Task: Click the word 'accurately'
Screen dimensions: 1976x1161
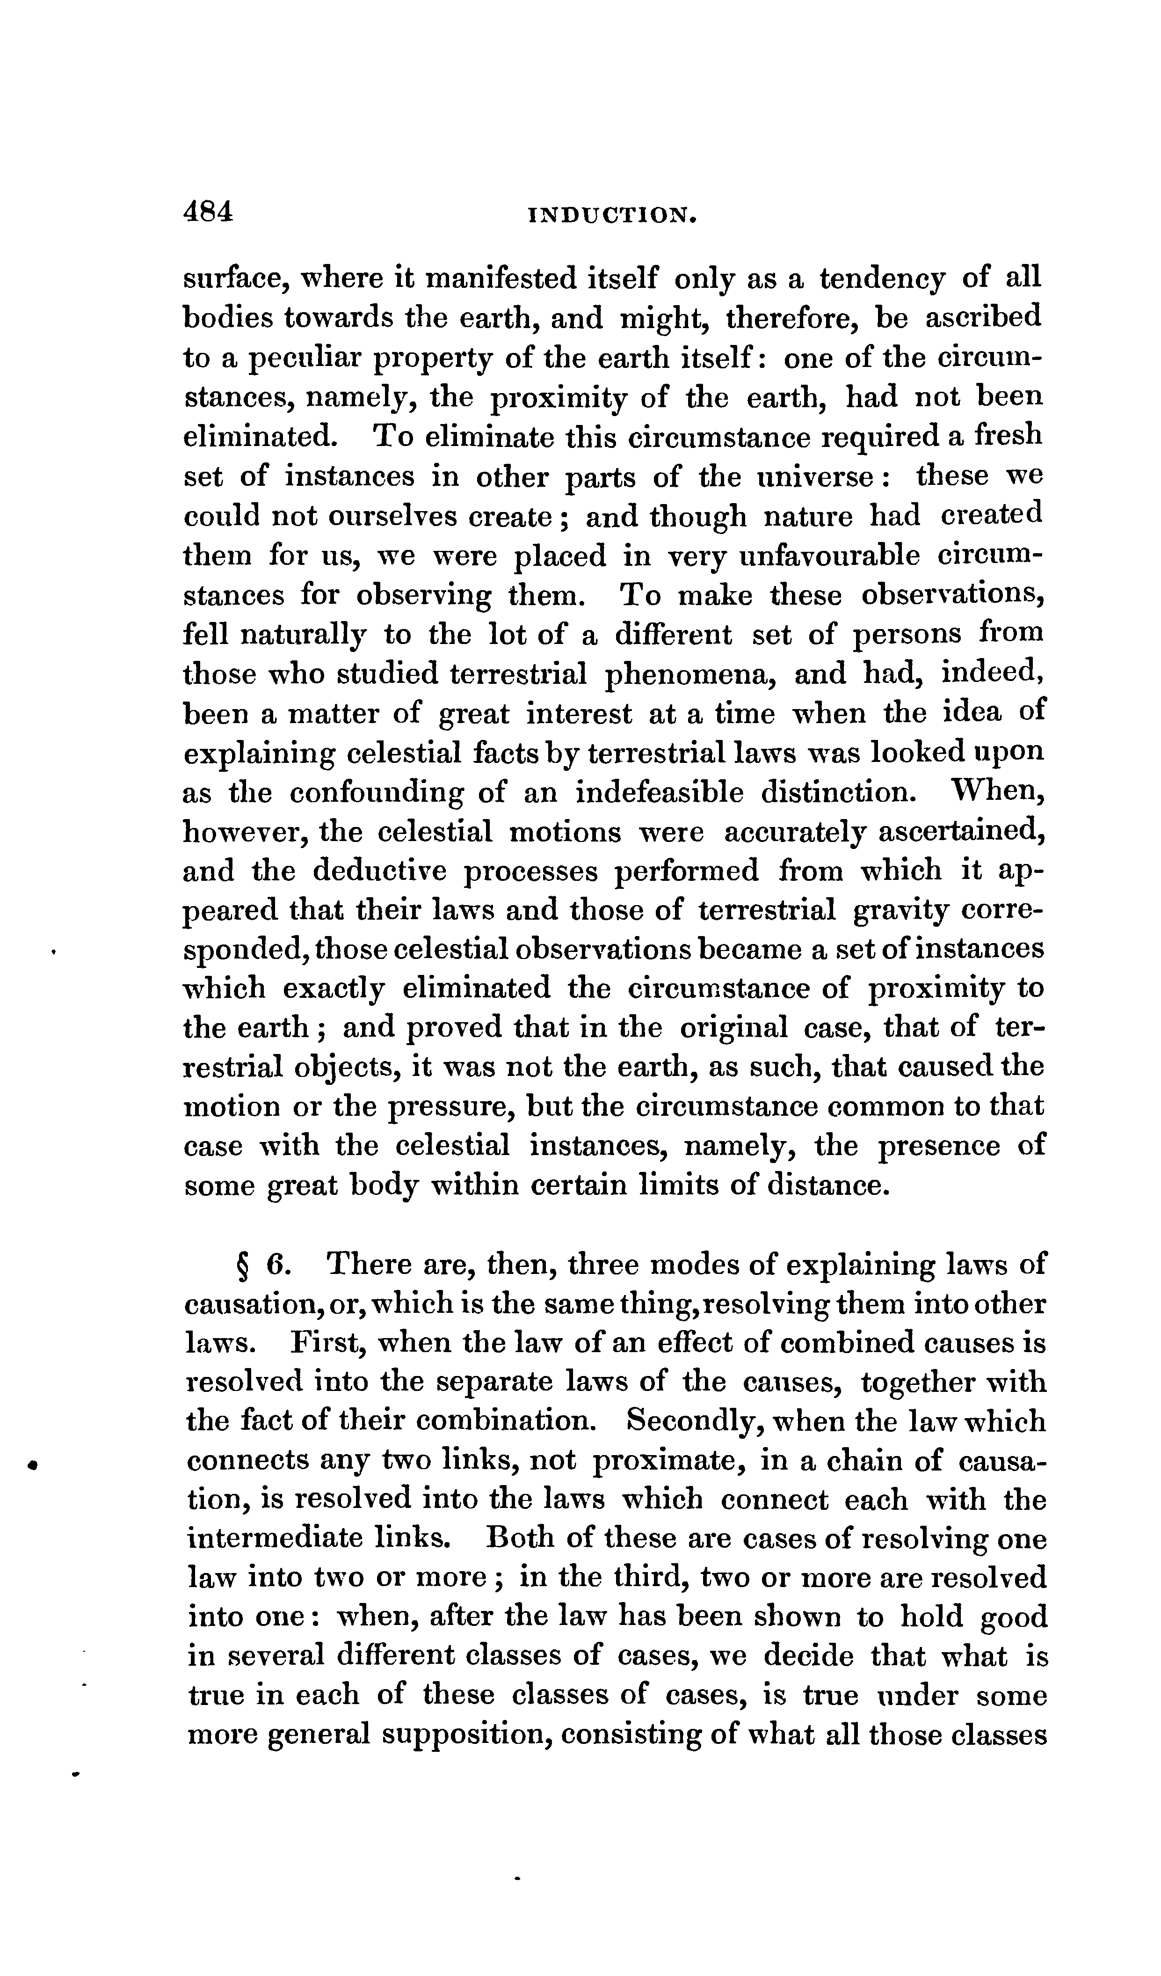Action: (792, 832)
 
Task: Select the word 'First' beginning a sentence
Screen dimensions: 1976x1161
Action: (324, 1343)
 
